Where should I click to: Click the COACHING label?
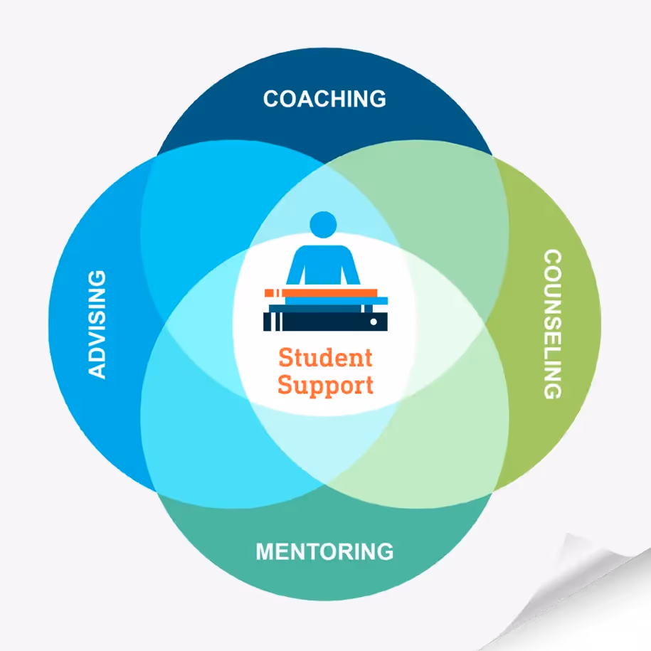324,98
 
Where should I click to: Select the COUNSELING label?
552,324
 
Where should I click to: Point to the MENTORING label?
324,551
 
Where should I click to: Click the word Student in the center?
324,356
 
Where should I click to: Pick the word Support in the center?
325,386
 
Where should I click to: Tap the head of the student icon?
322,224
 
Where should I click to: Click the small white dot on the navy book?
374,322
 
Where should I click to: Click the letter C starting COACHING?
271,99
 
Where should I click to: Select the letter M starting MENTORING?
265,551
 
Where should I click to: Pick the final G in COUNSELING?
552,389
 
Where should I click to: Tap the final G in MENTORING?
383,551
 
